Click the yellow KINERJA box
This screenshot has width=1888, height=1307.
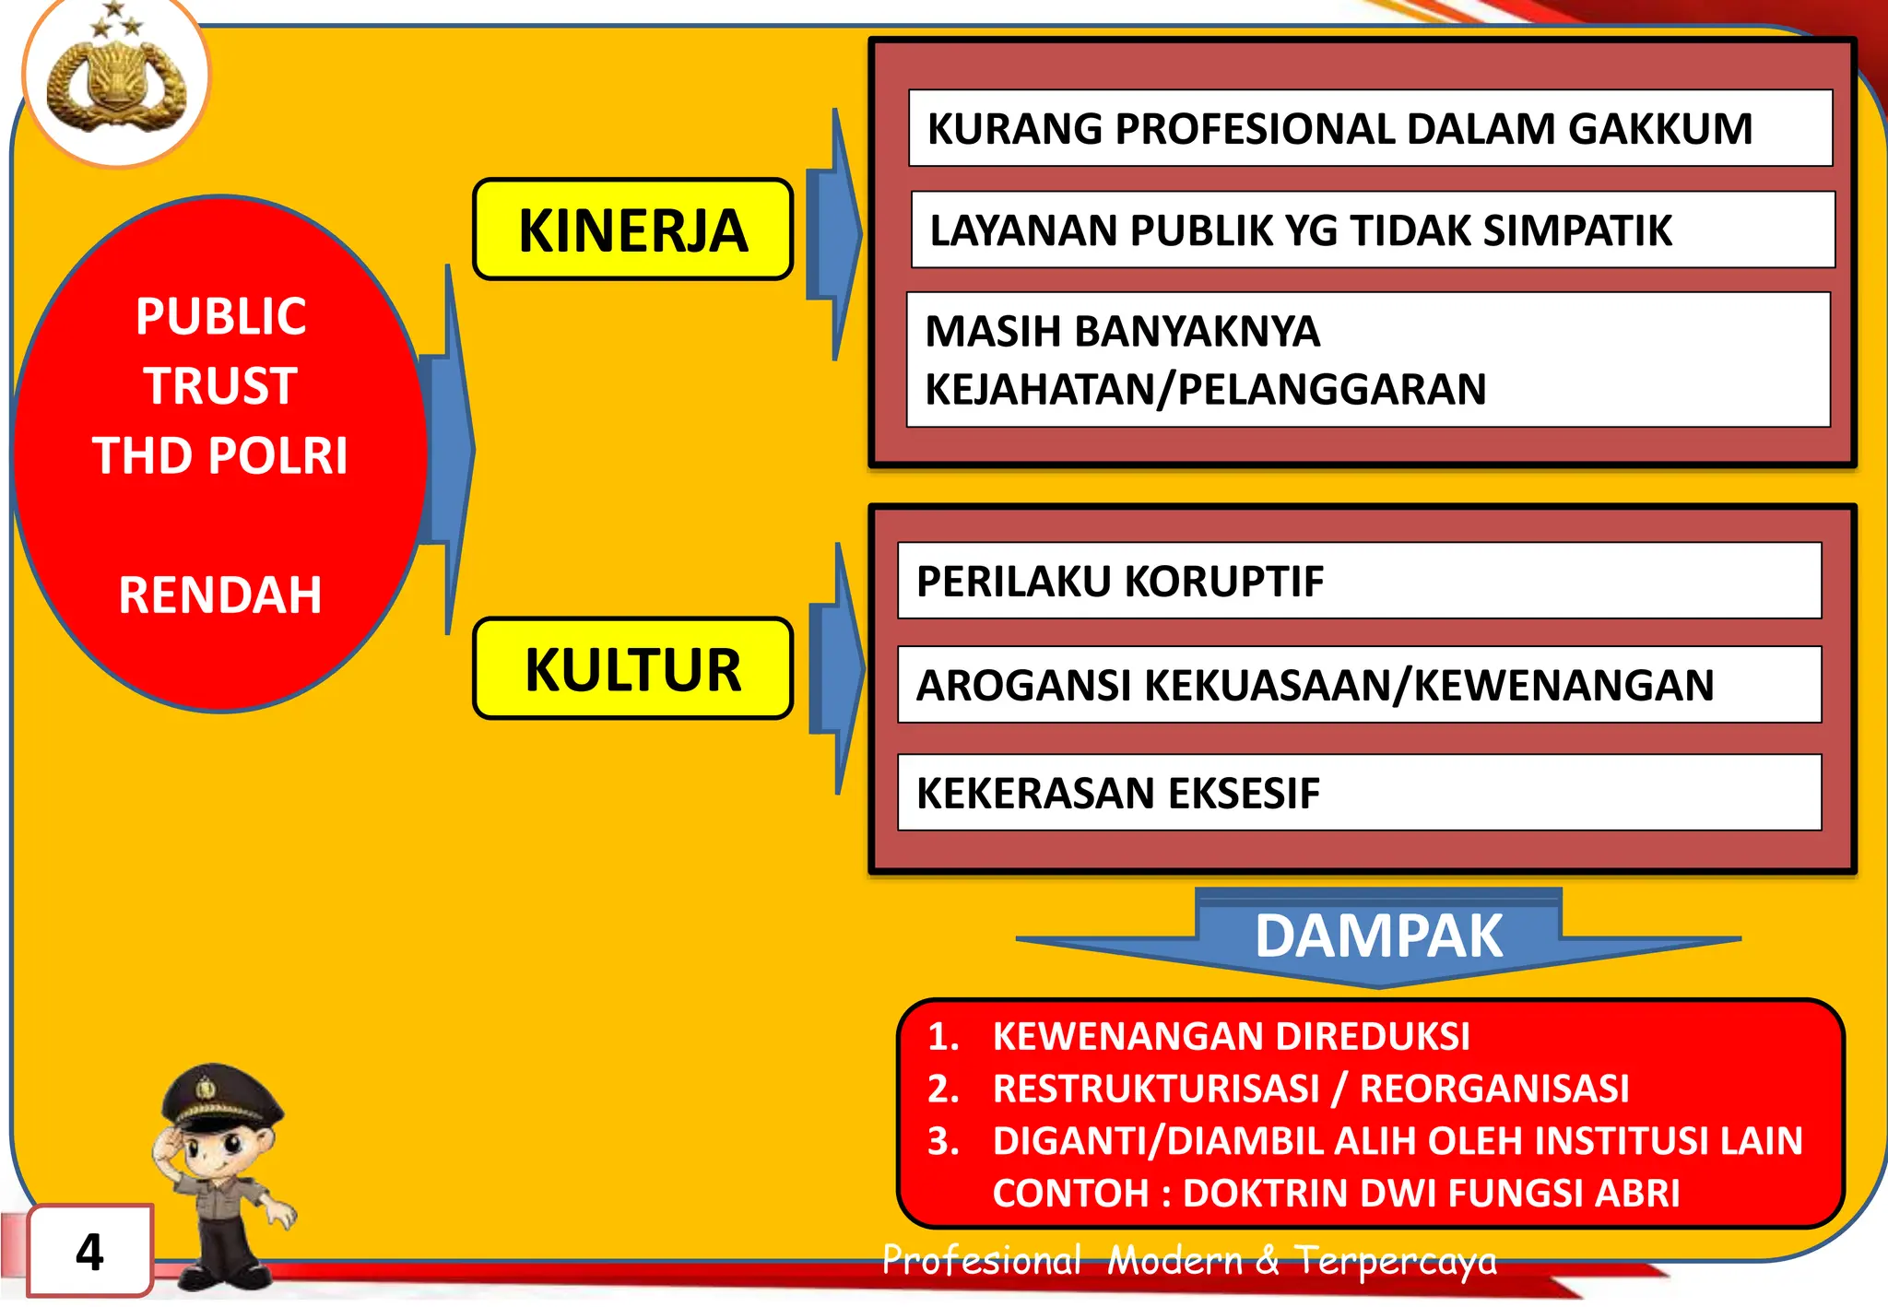pos(632,230)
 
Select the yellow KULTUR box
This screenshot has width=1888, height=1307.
pos(632,668)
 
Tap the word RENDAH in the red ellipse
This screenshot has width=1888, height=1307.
pos(220,595)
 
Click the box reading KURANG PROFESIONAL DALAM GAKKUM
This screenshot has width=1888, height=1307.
pos(1370,128)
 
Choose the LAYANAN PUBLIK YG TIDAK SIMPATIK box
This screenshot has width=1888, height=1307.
pos(1373,230)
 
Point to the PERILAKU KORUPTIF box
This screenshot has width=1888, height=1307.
pos(1359,581)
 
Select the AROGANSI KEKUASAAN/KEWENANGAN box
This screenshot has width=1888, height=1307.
pos(1359,685)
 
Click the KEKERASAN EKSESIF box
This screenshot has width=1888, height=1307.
pos(1359,793)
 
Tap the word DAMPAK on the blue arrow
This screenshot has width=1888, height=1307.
pos(1378,936)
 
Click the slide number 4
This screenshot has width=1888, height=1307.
pos(89,1252)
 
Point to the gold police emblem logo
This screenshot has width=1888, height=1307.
pos(115,83)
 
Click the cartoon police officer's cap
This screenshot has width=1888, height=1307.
pos(221,1097)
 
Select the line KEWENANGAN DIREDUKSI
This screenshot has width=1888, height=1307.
pos(1231,1036)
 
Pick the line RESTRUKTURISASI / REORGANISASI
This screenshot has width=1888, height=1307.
pos(1310,1089)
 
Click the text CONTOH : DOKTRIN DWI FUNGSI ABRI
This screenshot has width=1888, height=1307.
pos(1336,1193)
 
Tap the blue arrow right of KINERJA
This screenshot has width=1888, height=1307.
pos(834,234)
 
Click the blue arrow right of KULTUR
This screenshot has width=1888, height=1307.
pos(837,668)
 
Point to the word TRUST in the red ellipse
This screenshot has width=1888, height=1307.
pos(220,385)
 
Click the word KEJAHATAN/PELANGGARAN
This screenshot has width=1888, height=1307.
pos(1205,389)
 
